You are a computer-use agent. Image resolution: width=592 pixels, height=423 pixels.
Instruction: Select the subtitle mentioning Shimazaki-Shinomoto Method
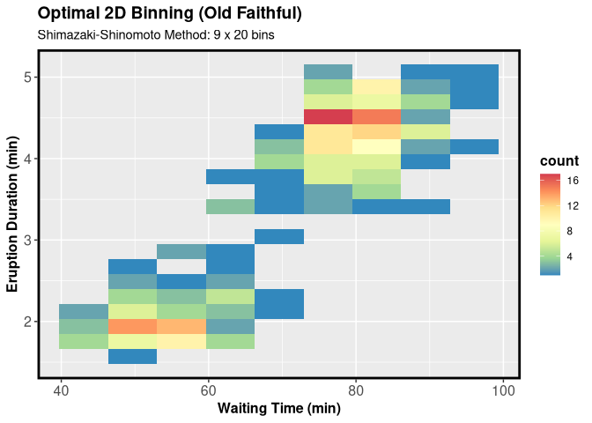pos(157,36)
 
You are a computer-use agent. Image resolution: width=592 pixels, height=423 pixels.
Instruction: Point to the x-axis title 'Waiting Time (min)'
pos(279,408)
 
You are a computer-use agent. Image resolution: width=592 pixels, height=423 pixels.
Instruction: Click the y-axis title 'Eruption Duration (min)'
pos(14,214)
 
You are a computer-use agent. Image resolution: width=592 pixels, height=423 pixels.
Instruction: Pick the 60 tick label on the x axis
pos(208,390)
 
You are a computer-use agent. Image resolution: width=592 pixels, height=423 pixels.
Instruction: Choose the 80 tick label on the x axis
pos(355,390)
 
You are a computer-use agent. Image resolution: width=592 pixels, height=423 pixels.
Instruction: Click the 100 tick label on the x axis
pos(502,390)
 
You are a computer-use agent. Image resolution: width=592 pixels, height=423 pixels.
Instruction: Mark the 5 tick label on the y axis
pos(27,78)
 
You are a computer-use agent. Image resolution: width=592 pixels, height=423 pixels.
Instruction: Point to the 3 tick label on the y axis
pos(27,241)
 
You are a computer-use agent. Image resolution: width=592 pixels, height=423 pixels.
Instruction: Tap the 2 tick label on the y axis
pos(27,322)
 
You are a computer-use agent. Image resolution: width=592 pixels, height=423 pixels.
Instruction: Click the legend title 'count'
pos(559,161)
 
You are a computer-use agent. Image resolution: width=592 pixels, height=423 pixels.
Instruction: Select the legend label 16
pos(573,181)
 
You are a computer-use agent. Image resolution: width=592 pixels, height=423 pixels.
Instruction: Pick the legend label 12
pos(573,206)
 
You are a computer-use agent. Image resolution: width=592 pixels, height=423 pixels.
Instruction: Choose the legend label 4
pos(573,256)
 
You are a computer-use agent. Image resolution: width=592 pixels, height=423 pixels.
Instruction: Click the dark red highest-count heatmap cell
pos(328,116)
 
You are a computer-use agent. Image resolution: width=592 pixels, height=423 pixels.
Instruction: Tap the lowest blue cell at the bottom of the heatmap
pos(132,356)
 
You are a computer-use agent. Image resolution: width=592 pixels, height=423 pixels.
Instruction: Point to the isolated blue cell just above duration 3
pos(279,236)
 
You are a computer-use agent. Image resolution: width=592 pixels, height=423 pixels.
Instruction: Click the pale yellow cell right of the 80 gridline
pos(377,146)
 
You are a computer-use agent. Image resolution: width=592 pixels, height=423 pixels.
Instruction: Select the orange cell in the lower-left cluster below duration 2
pos(132,326)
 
